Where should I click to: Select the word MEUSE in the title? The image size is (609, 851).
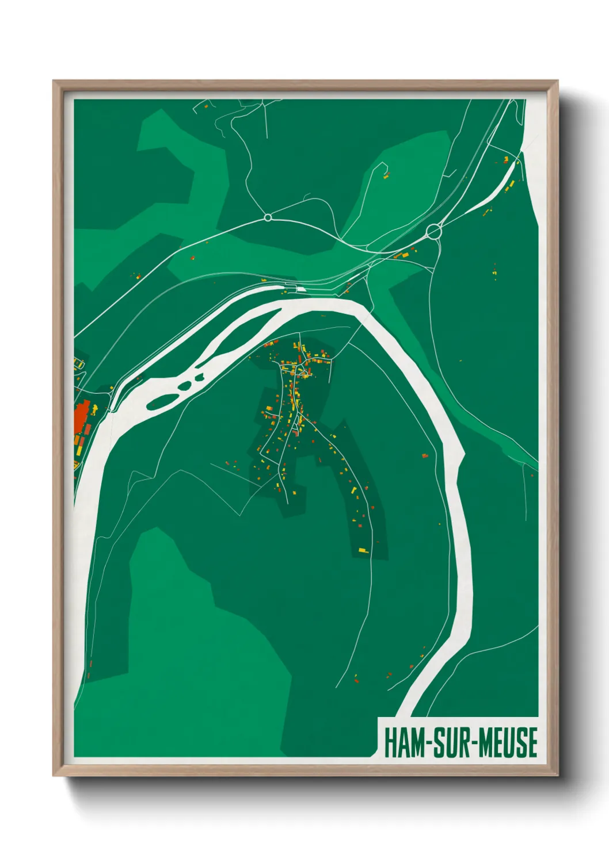(x=508, y=742)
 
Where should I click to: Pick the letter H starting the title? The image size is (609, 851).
(x=389, y=742)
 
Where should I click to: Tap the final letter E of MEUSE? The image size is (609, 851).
(x=532, y=742)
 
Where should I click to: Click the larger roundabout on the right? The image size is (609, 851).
(x=434, y=231)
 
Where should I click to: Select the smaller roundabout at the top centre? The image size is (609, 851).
(x=268, y=217)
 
